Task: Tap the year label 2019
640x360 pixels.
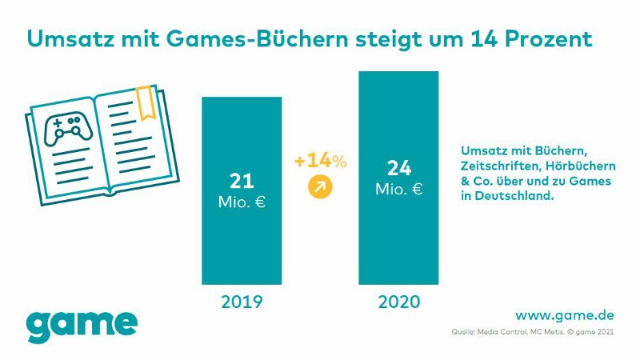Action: click(242, 303)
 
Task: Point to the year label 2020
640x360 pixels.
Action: click(398, 303)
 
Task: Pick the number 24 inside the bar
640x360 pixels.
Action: click(398, 169)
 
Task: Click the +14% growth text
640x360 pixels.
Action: click(320, 161)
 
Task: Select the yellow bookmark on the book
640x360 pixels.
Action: click(146, 103)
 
